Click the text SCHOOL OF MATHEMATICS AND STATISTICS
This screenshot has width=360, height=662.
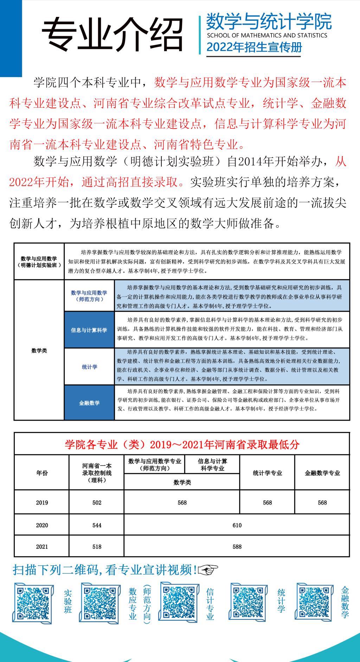point(267,35)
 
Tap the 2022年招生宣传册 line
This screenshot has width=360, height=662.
point(254,47)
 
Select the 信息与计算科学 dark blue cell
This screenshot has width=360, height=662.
point(89,330)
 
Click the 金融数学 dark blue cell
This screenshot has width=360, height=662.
point(89,403)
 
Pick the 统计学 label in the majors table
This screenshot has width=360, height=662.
point(89,367)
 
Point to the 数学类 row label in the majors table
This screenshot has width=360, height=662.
point(39,350)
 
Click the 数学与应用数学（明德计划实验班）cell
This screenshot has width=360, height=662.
point(39,262)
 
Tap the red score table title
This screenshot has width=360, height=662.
point(182,444)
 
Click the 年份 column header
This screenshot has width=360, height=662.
point(42,473)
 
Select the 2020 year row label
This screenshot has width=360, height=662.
point(42,525)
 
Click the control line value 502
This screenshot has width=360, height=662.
point(97,503)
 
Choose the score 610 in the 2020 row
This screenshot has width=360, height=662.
point(237,525)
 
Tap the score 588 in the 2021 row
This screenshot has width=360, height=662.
point(237,547)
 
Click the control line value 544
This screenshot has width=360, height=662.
point(97,525)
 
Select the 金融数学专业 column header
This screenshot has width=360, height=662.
point(322,473)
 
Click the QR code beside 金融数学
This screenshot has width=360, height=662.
point(314,602)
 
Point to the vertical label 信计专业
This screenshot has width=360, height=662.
point(210,604)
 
